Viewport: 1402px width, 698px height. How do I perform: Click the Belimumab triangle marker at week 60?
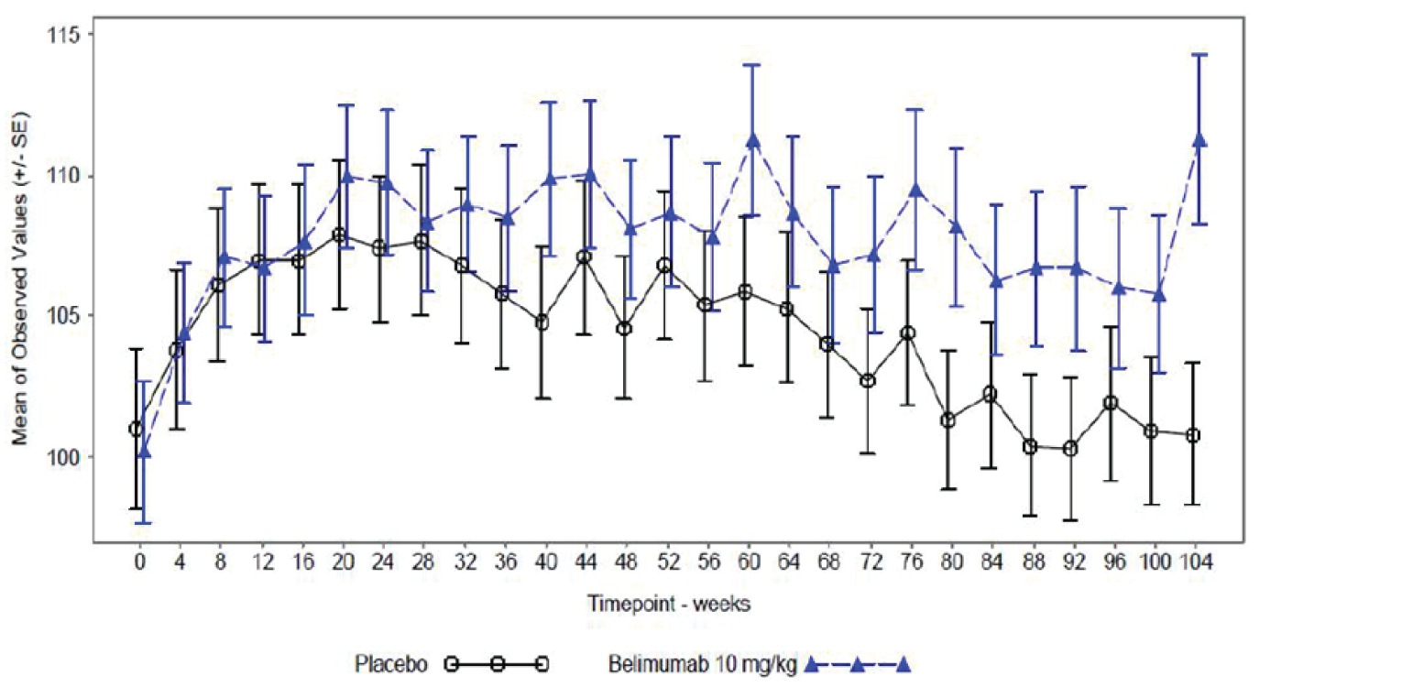tap(753, 140)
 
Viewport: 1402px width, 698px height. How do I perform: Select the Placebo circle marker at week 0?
tap(137, 429)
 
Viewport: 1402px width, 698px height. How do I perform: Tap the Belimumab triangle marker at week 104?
tap(1199, 139)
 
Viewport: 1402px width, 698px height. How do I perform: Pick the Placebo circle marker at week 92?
tap(1069, 449)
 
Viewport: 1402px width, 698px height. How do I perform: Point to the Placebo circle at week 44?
tap(584, 257)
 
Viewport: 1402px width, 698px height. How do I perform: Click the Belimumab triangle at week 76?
tap(915, 190)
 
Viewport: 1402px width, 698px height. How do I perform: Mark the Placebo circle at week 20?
tap(339, 235)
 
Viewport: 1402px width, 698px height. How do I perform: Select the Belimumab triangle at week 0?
tap(144, 451)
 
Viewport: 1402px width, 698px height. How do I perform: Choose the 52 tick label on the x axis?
tap(665, 562)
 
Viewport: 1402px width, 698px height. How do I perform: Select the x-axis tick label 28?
tap(422, 562)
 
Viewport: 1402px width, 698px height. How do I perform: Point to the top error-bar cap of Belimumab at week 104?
tap(1199, 55)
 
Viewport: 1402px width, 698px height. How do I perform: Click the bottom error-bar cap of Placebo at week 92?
tap(1069, 520)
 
